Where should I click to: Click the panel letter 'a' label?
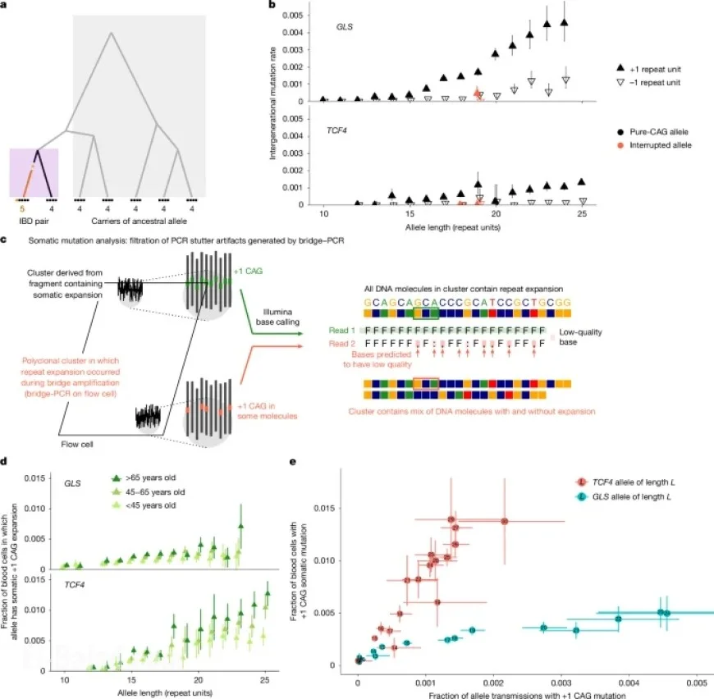(6, 6)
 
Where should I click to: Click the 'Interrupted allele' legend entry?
(661, 144)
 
